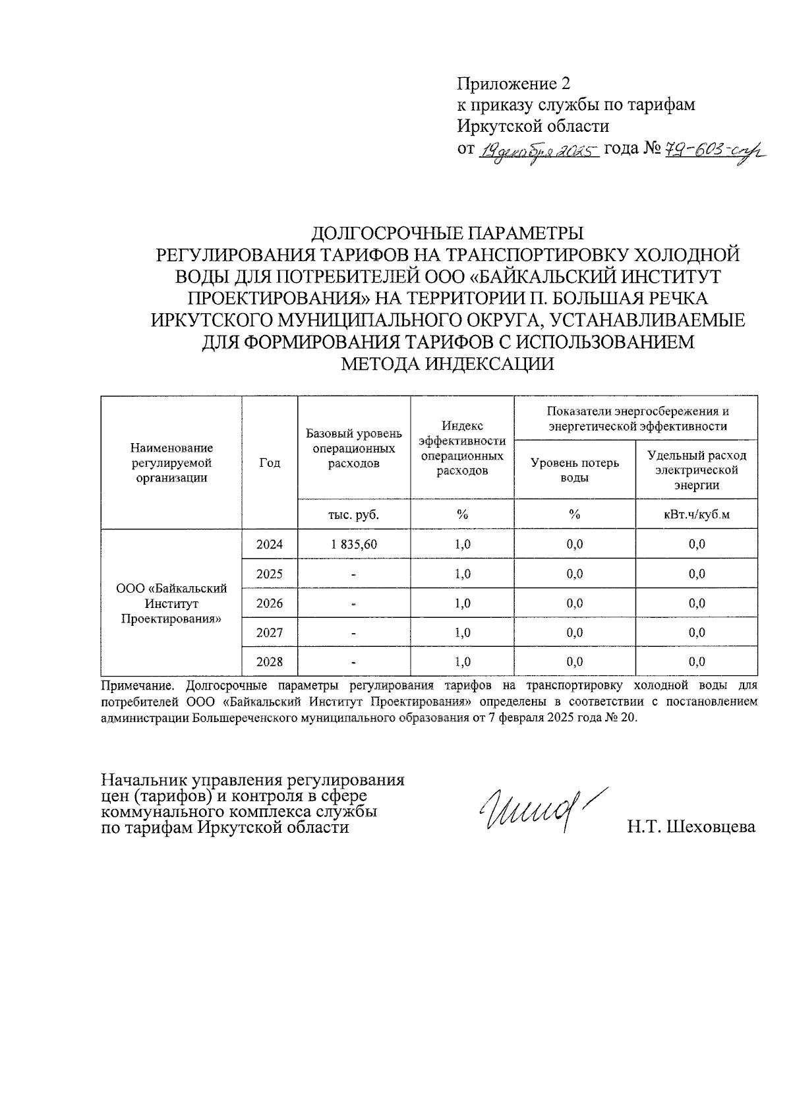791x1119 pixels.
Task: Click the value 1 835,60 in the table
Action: coord(354,545)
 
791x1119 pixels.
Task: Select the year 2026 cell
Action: coord(270,603)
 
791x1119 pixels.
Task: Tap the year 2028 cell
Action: coord(270,662)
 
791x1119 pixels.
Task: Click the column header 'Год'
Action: coord(270,463)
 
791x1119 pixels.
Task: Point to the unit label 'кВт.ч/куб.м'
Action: coord(697,514)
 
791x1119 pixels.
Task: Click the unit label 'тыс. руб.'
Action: coord(354,514)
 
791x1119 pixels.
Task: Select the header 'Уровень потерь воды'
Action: coord(575,469)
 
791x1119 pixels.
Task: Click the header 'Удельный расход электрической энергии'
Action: coord(697,470)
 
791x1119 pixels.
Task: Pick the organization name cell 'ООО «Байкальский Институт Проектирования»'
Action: coord(171,603)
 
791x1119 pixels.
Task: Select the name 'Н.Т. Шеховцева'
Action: coord(691,827)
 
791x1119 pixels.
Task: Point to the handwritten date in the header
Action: coord(539,152)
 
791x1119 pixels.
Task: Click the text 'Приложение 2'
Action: coord(513,84)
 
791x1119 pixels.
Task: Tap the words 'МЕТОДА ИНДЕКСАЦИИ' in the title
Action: coord(447,364)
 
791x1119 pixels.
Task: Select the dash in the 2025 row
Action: coord(354,574)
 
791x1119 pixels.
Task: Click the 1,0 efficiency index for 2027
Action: coord(463,633)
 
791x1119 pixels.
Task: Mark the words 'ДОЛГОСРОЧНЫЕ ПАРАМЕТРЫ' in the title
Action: coord(447,233)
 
